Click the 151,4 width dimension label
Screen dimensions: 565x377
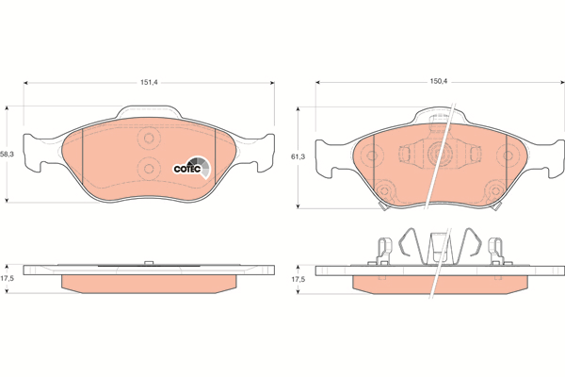tap(149, 83)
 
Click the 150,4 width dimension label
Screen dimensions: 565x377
tap(438, 82)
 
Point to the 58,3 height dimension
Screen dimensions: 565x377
tap(7, 154)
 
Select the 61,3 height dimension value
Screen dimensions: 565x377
tap(298, 156)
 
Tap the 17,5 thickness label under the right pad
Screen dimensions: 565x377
tap(298, 279)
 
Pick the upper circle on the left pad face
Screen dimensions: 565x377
tap(148, 138)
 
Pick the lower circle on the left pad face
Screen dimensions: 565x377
tap(148, 168)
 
